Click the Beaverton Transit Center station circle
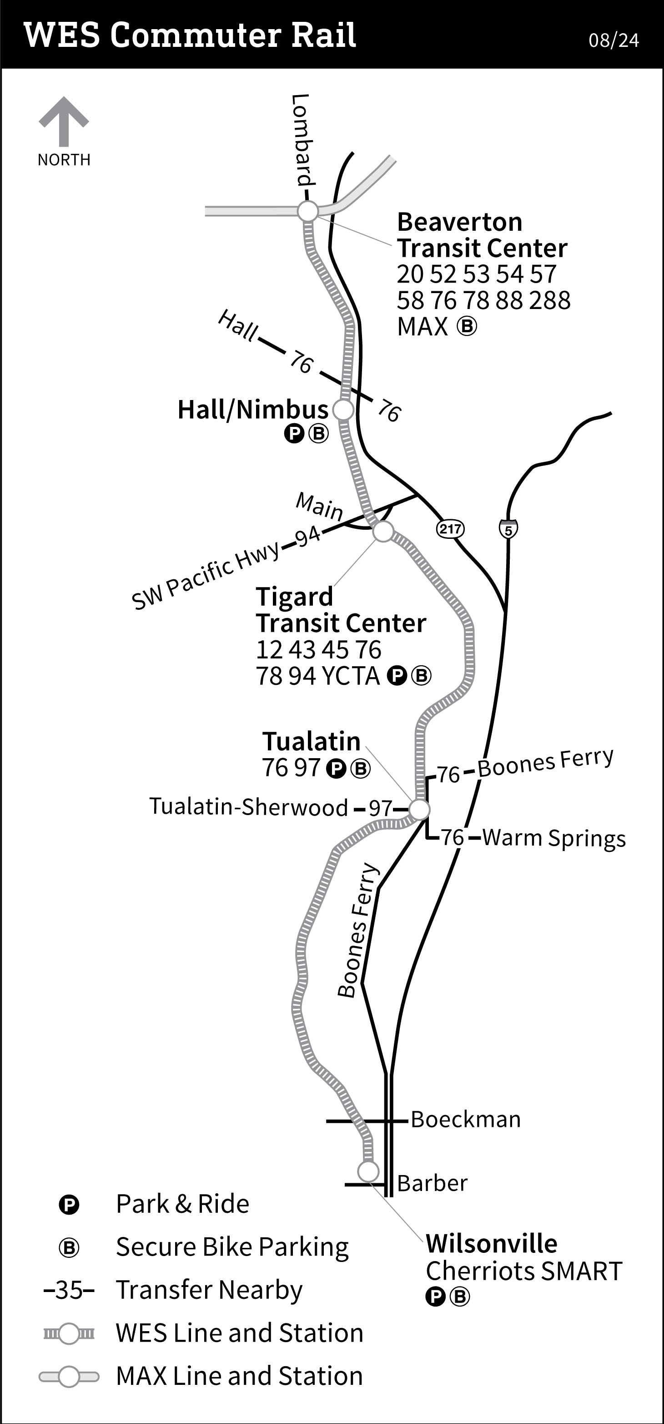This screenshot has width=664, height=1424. pyautogui.click(x=308, y=211)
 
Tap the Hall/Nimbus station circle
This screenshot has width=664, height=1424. pyautogui.click(x=343, y=410)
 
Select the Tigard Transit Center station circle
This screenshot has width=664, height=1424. pyautogui.click(x=383, y=532)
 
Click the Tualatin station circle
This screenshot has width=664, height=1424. pyautogui.click(x=419, y=810)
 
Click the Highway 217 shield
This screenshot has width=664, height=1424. pyautogui.click(x=450, y=529)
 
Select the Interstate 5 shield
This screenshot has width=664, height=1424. pyautogui.click(x=508, y=529)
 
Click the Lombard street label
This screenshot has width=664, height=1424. pyautogui.click(x=302, y=140)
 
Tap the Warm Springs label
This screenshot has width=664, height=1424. pyautogui.click(x=553, y=838)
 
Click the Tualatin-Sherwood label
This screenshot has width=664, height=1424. pyautogui.click(x=249, y=807)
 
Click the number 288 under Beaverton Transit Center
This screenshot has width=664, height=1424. pyautogui.click(x=550, y=301)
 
